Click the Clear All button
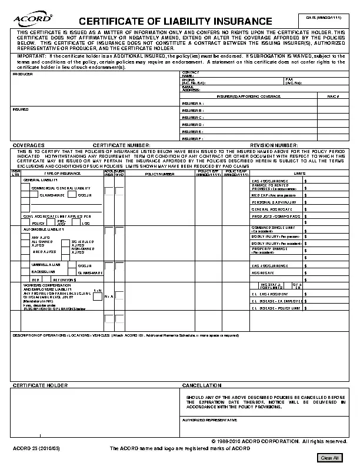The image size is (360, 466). pyautogui.click(x=329, y=458)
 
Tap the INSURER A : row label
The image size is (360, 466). pyautogui.click(x=192, y=103)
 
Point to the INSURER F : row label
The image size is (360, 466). pyautogui.click(x=192, y=138)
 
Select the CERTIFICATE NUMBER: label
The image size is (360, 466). pyautogui.click(x=122, y=145)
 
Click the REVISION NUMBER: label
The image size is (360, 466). pyautogui.click(x=274, y=145)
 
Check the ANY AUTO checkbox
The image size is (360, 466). pyautogui.click(x=25, y=237)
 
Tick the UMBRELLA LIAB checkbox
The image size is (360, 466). pyautogui.click(x=25, y=265)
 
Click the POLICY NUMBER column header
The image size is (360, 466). pyautogui.click(x=159, y=174)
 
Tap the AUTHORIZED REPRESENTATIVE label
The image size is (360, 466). pyautogui.click(x=209, y=420)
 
